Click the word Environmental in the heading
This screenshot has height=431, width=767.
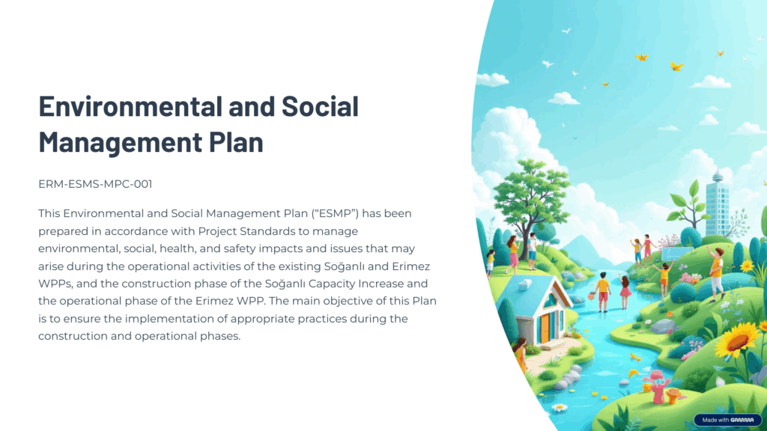tap(130, 106)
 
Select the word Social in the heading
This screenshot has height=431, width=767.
tap(320, 106)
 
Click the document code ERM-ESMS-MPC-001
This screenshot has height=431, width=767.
tap(95, 184)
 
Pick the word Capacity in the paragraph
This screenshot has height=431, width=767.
tap(332, 284)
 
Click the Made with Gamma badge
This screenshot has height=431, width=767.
tap(727, 420)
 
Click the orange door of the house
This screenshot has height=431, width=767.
tap(545, 329)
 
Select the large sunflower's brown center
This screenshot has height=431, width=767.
tap(737, 341)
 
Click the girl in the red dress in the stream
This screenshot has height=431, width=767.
tap(624, 292)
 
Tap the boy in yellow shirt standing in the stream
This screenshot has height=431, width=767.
tap(603, 292)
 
